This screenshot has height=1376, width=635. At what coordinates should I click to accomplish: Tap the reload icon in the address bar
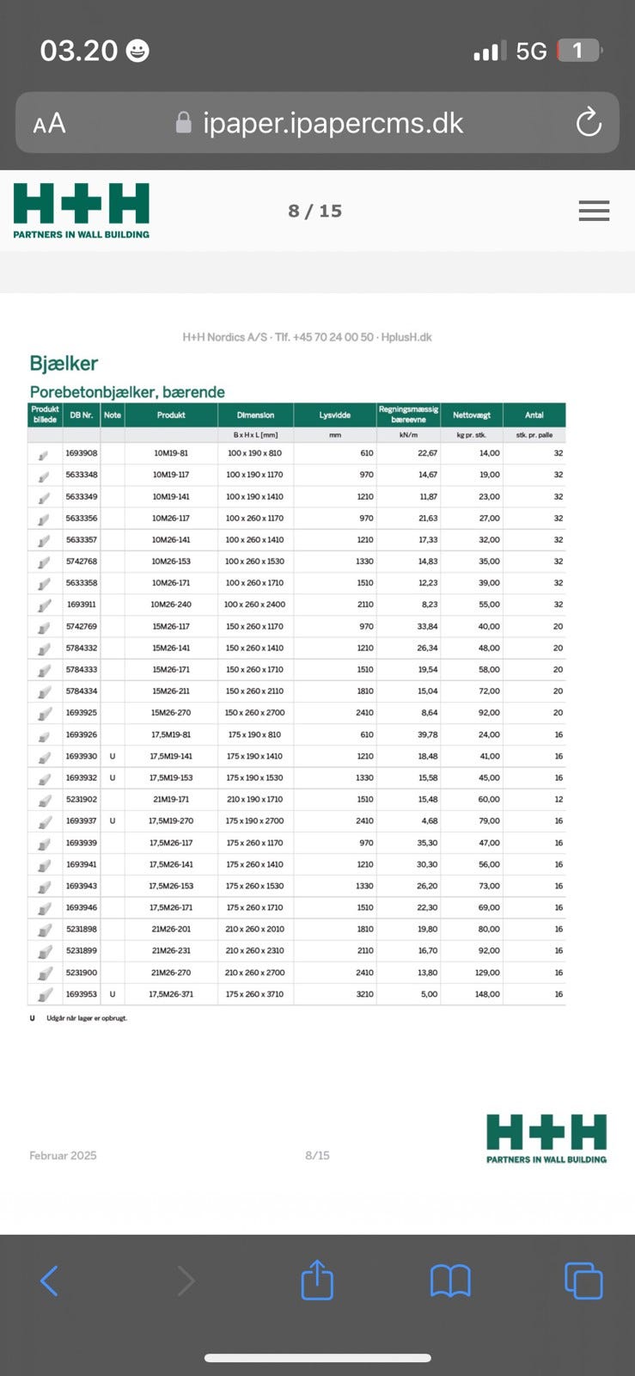pyautogui.click(x=589, y=123)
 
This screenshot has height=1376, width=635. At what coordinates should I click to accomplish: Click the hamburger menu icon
pyautogui.click(x=594, y=211)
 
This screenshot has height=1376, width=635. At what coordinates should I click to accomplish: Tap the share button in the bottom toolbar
pyautogui.click(x=317, y=1280)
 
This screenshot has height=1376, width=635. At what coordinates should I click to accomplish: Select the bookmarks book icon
pyautogui.click(x=450, y=1281)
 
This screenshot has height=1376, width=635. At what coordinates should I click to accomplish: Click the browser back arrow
pyautogui.click(x=50, y=1281)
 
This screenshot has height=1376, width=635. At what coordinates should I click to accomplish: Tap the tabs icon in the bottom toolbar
pyautogui.click(x=583, y=1281)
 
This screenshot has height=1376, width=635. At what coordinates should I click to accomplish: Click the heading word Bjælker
pyautogui.click(x=64, y=364)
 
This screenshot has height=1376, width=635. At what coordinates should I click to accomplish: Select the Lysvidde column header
pyautogui.click(x=335, y=415)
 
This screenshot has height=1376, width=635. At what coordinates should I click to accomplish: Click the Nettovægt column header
pyautogui.click(x=472, y=415)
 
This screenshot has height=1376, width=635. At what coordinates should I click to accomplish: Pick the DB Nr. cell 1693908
pyautogui.click(x=82, y=453)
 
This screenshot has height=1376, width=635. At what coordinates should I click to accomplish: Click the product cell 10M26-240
pyautogui.click(x=171, y=605)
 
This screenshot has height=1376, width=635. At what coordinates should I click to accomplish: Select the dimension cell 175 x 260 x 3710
pyautogui.click(x=254, y=994)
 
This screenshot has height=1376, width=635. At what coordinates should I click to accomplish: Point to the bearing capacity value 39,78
pyautogui.click(x=427, y=734)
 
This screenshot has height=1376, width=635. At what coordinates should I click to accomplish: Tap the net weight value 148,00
pyautogui.click(x=487, y=994)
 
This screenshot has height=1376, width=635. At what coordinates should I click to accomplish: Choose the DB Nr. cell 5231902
pyautogui.click(x=82, y=799)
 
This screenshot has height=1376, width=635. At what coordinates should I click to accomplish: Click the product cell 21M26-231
pyautogui.click(x=170, y=950)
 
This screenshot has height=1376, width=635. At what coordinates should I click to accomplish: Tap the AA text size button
pyautogui.click(x=49, y=124)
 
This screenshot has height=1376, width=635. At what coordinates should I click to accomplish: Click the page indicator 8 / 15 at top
pyautogui.click(x=315, y=211)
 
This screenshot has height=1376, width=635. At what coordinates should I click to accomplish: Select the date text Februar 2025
pyautogui.click(x=63, y=1155)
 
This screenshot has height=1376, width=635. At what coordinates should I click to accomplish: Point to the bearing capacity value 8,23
pyautogui.click(x=430, y=605)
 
